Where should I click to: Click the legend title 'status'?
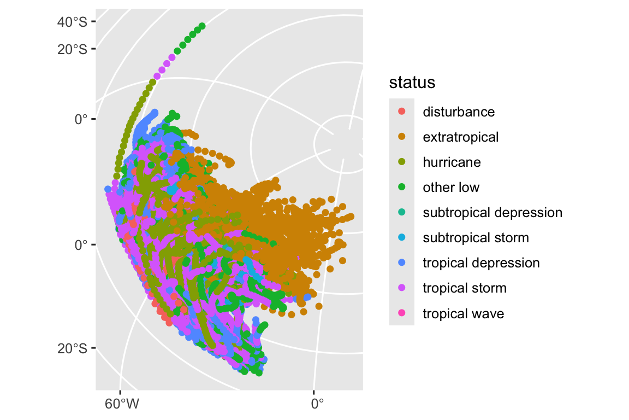point(412,83)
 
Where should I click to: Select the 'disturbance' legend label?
point(459,112)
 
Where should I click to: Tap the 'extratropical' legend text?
point(460,137)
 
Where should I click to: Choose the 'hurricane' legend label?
point(452,162)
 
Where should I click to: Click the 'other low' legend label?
point(451,188)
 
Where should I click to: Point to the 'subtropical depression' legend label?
point(492,213)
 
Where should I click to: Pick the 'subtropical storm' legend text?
point(476,238)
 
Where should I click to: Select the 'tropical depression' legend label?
point(481,263)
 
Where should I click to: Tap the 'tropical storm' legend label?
point(465,288)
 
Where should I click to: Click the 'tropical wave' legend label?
point(463,313)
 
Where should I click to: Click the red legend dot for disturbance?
point(402,112)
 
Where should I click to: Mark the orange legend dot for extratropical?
point(402,137)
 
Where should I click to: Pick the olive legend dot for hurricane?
point(402,162)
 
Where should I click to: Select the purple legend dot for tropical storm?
point(402,288)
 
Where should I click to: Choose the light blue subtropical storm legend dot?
point(402,237)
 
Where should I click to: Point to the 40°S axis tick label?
point(72,22)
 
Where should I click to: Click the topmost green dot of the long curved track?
point(202,26)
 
